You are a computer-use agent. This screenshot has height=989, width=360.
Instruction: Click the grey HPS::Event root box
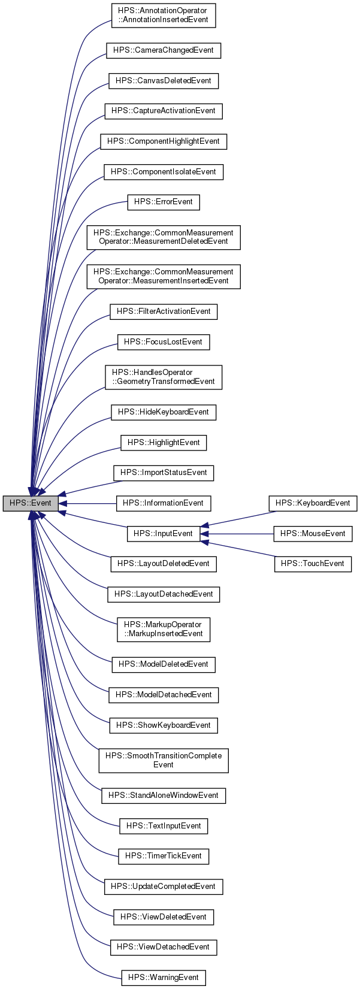tap(31, 503)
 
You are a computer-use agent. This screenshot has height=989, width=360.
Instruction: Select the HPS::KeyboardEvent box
tap(313, 503)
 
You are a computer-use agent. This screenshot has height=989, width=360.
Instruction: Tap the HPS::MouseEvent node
tap(313, 533)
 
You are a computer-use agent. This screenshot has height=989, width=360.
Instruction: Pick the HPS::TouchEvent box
tap(313, 564)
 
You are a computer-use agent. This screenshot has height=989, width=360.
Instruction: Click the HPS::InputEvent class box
tap(163, 533)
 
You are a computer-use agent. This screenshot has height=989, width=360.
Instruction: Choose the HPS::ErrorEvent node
tap(163, 202)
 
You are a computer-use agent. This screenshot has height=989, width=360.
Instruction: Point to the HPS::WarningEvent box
tap(163, 977)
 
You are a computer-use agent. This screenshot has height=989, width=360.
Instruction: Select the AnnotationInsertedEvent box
tap(163, 15)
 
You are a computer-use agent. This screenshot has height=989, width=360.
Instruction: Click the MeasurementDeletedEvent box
tap(163, 237)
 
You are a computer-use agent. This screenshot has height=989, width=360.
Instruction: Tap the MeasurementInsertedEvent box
tap(163, 276)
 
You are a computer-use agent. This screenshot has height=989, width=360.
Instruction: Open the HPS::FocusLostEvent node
tap(163, 342)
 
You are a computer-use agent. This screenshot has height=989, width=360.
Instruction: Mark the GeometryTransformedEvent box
tap(163, 377)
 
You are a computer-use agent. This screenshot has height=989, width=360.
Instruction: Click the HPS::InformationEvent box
tap(163, 503)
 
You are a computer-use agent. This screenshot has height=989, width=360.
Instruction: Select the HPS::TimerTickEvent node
tap(163, 856)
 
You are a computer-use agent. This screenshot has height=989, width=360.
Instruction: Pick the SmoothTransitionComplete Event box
tap(163, 760)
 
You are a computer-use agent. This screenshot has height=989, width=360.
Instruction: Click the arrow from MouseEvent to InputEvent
tap(240, 533)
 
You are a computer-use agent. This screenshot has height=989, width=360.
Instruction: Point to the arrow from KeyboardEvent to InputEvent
tap(240, 518)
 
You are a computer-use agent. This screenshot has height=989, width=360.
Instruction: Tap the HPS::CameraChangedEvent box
tap(163, 50)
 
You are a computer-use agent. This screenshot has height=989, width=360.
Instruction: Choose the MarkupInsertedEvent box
tap(163, 629)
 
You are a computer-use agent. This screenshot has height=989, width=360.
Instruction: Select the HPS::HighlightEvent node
tap(163, 443)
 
